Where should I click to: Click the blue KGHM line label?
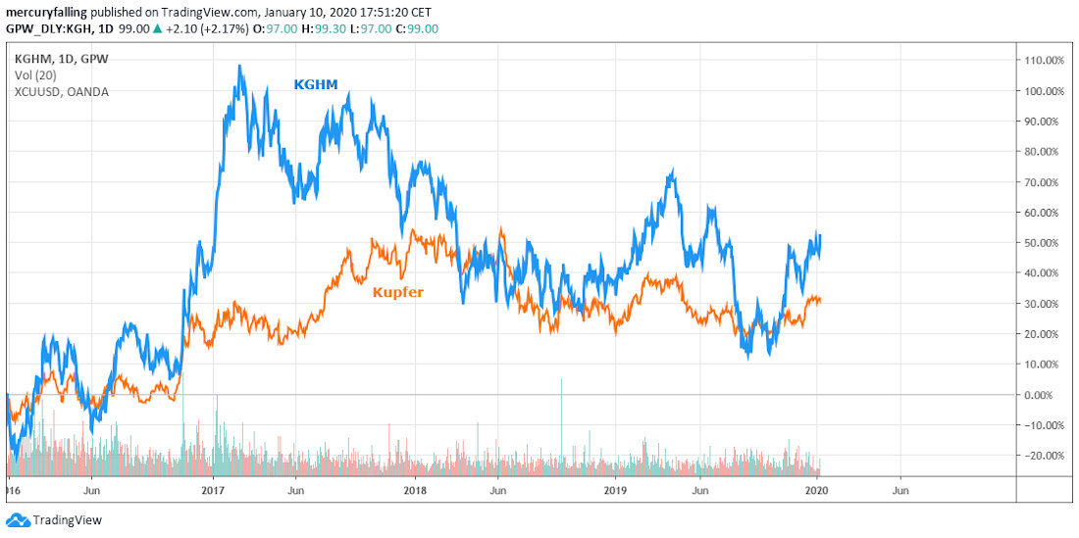click(x=316, y=85)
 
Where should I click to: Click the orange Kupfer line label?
click(x=397, y=292)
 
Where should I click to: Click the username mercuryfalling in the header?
click(x=47, y=12)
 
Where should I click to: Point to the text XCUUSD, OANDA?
click(x=62, y=92)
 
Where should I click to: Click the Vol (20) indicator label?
click(x=35, y=75)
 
